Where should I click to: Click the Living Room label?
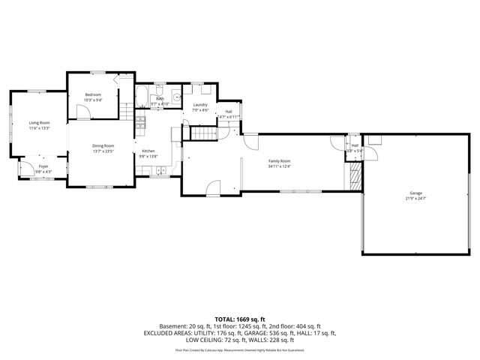(39, 122)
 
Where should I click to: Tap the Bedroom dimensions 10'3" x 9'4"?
(93, 100)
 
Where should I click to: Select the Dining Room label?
(103, 145)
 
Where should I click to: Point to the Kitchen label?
(148, 151)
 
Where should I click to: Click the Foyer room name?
(43, 166)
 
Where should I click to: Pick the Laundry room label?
(199, 105)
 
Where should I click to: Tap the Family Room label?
(280, 161)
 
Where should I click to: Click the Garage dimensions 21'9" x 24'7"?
(411, 198)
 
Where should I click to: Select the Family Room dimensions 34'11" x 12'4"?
(280, 166)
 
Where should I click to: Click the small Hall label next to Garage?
(355, 146)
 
